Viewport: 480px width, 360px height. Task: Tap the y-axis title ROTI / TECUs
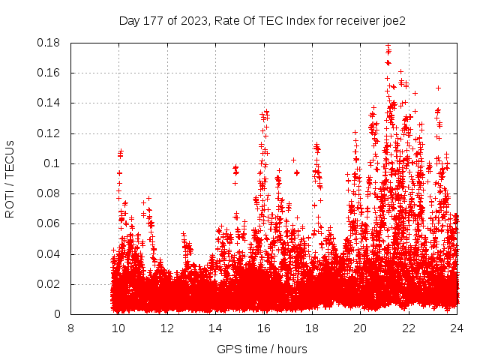(10, 178)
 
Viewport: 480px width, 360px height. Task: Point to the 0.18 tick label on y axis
(50, 43)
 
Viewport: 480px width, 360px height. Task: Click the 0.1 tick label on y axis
(56, 163)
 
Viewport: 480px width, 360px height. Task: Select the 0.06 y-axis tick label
(50, 223)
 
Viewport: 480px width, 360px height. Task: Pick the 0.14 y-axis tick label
(50, 103)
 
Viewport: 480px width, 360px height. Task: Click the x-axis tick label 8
(70, 328)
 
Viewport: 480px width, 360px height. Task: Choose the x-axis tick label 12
(167, 328)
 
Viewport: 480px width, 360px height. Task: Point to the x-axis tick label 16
(264, 328)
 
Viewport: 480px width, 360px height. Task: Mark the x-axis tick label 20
(361, 328)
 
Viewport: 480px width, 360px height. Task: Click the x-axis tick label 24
(457, 328)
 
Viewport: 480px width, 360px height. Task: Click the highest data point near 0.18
(388, 46)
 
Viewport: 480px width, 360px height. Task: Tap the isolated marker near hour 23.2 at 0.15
(438, 88)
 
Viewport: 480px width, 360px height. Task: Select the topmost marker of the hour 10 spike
(120, 152)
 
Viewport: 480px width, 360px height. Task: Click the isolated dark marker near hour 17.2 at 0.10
(293, 160)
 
